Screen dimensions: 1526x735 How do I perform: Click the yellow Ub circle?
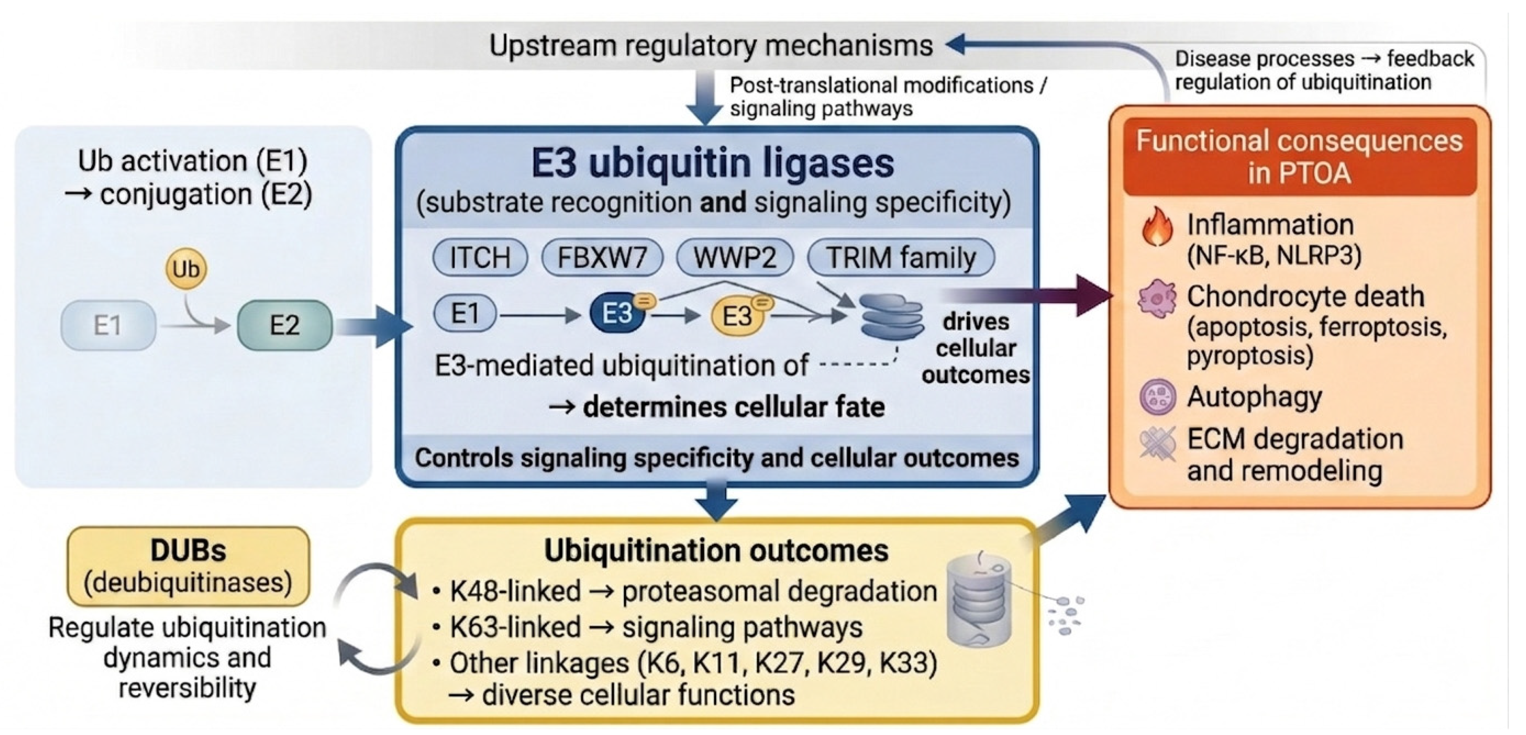click(x=186, y=269)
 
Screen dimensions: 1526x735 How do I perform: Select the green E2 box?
click(x=284, y=325)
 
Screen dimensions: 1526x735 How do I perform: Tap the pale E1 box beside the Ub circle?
click(x=108, y=325)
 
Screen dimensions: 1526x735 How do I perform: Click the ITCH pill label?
click(x=480, y=258)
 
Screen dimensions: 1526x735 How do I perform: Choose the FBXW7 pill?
click(x=603, y=258)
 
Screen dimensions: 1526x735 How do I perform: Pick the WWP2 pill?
click(x=735, y=258)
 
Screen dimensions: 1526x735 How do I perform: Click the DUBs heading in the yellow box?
click(x=188, y=550)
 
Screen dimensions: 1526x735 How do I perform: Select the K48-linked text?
click(x=515, y=592)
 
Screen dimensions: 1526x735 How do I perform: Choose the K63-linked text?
click(x=515, y=627)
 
